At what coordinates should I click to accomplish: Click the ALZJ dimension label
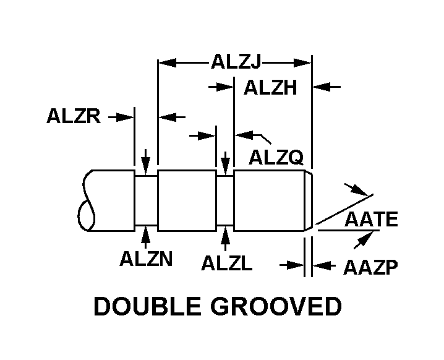236,62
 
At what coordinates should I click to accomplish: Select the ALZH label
270,88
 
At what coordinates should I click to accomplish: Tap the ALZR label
73,116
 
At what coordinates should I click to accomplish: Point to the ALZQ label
276,158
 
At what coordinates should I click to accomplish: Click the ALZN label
145,259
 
